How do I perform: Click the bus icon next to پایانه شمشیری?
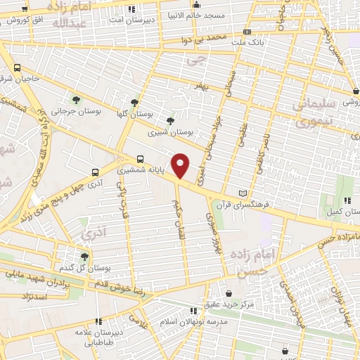pyautogui.click(x=140, y=160)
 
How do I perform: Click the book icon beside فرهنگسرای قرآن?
pyautogui.click(x=243, y=193)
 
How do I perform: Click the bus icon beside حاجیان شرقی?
pyautogui.click(x=17, y=67)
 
